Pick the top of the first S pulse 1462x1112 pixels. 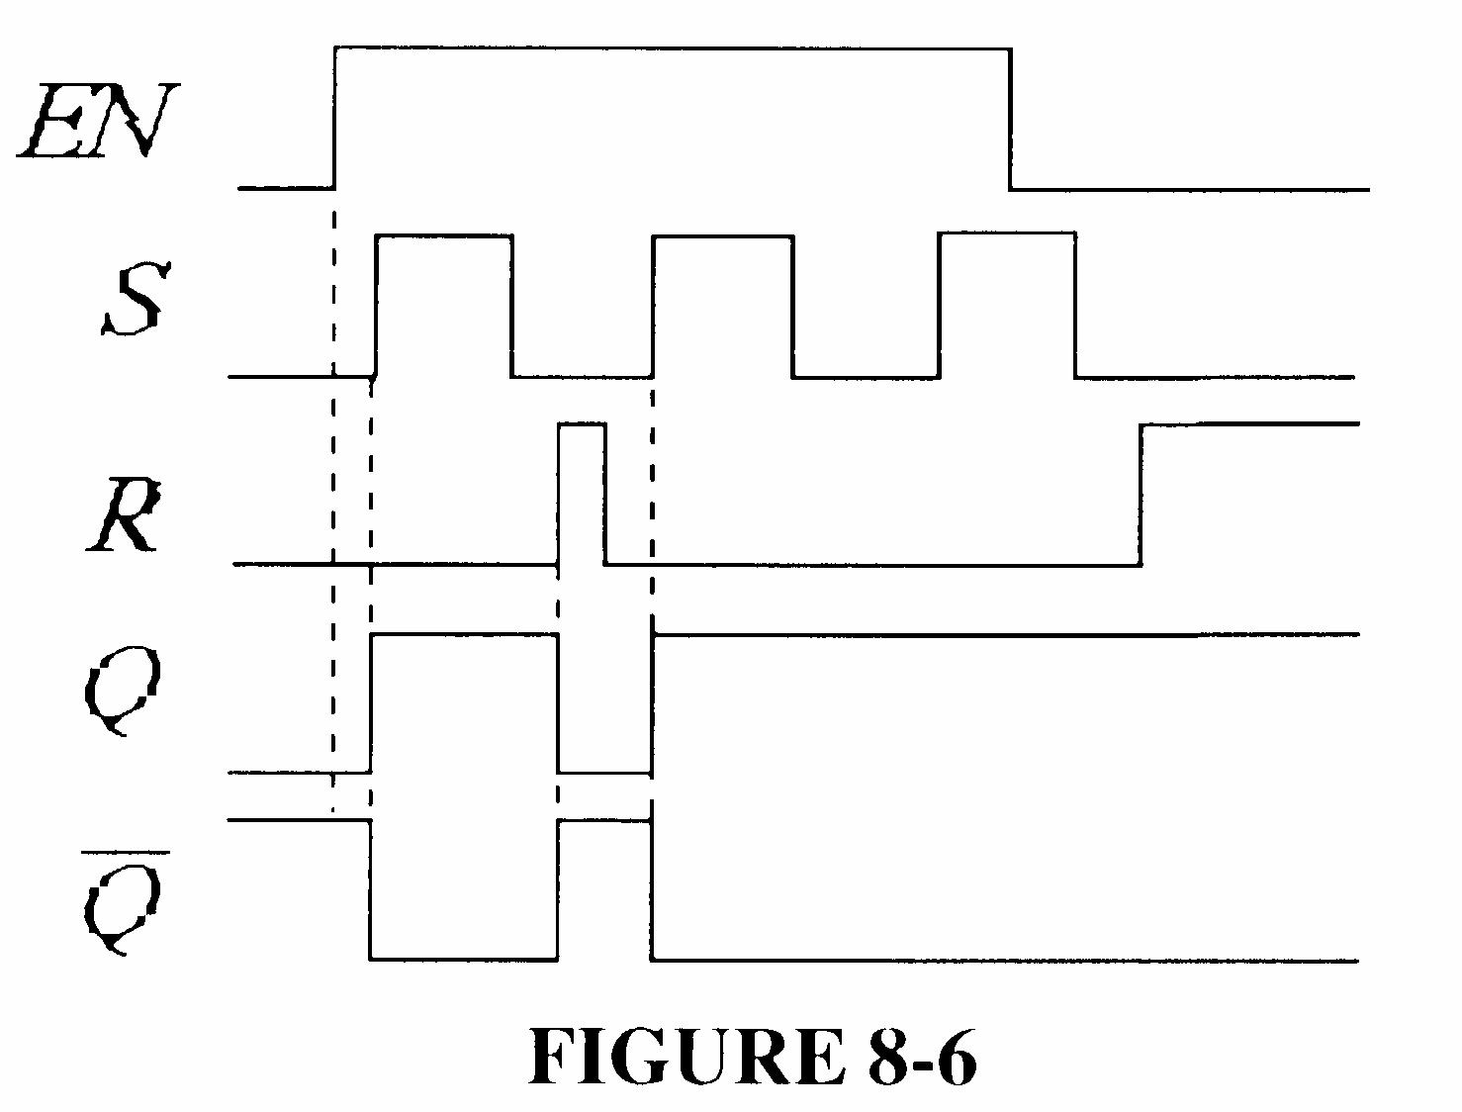(x=443, y=235)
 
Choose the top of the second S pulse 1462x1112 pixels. (x=723, y=235)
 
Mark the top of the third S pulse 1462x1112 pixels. (x=1007, y=234)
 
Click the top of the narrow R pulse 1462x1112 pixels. (x=582, y=424)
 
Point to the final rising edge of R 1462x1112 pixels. (x=1142, y=495)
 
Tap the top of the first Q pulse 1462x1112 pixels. (x=464, y=633)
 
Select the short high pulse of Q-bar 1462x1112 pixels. (x=604, y=820)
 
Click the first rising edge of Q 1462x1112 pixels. (x=371, y=702)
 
